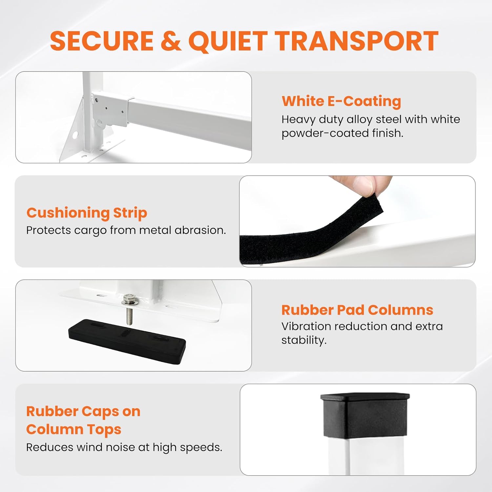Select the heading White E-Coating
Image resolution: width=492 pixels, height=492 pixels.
click(x=341, y=101)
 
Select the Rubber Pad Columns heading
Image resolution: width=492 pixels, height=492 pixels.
click(x=357, y=310)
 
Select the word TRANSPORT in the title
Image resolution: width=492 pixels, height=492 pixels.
click(x=357, y=41)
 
